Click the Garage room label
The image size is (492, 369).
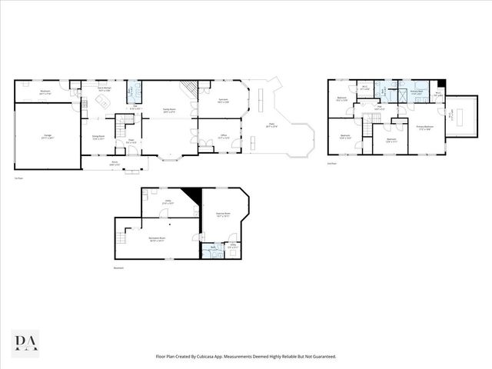click(47, 138)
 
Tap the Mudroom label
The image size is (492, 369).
click(45, 91)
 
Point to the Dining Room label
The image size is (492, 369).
click(94, 138)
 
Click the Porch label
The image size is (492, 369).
click(115, 162)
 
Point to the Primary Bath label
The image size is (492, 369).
click(417, 92)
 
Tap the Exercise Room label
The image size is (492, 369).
click(224, 216)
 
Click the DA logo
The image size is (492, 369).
click(26, 341)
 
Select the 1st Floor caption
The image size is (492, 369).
click(17, 179)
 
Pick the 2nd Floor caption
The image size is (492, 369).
click(332, 164)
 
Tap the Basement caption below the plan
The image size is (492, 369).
click(118, 268)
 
